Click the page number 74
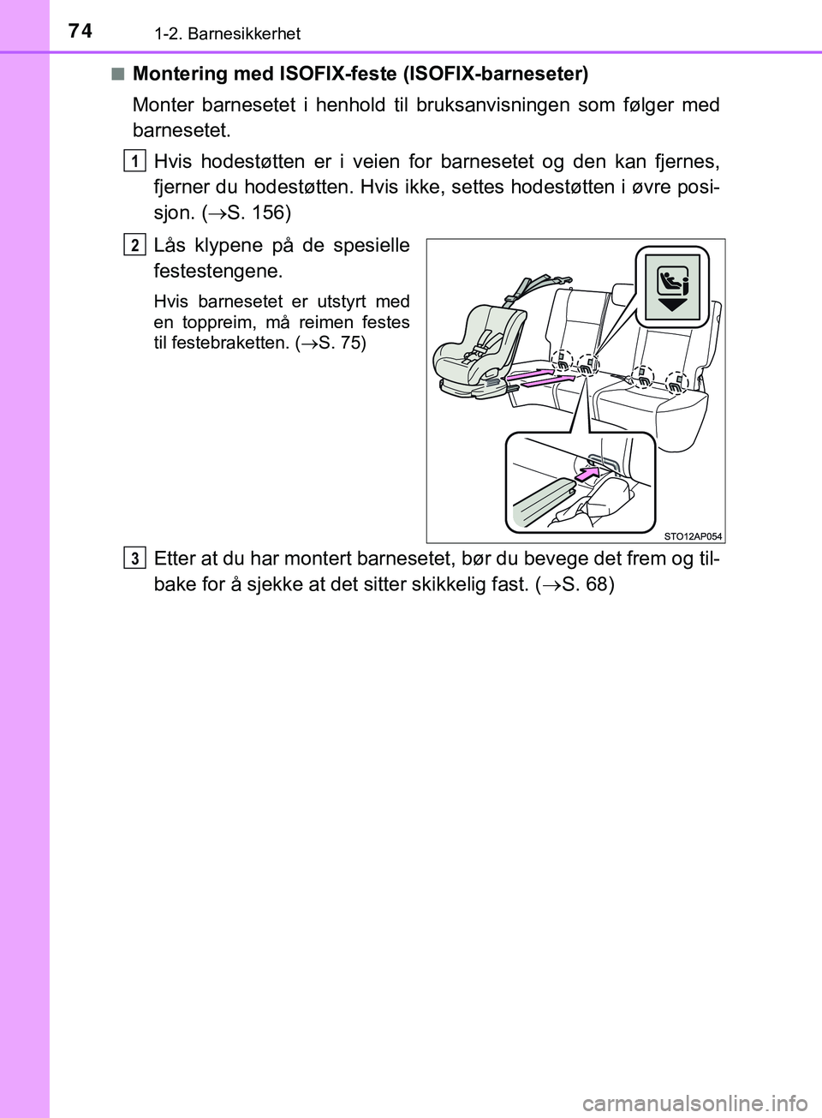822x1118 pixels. coord(80,31)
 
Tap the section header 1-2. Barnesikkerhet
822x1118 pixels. coord(227,34)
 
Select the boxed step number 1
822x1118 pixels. coord(134,161)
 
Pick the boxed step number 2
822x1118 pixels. coord(134,245)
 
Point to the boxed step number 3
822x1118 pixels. coord(134,559)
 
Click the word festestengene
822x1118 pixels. coord(217,271)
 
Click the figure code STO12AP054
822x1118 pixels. coord(693,536)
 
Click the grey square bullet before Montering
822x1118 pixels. coord(117,74)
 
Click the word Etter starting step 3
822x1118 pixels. coord(175,559)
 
